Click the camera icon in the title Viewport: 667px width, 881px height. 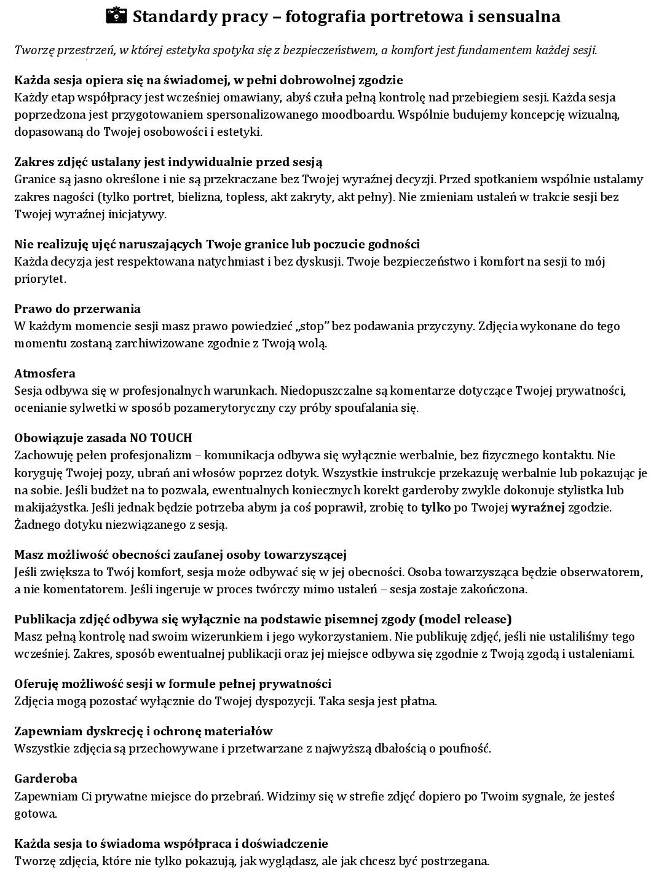pos(116,16)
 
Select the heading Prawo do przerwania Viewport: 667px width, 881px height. pos(77,309)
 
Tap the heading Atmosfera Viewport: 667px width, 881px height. pos(45,373)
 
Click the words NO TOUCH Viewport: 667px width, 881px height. pos(161,438)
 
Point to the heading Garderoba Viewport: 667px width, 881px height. pos(45,778)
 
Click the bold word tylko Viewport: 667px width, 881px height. pos(435,508)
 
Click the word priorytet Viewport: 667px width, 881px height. pos(39,279)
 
